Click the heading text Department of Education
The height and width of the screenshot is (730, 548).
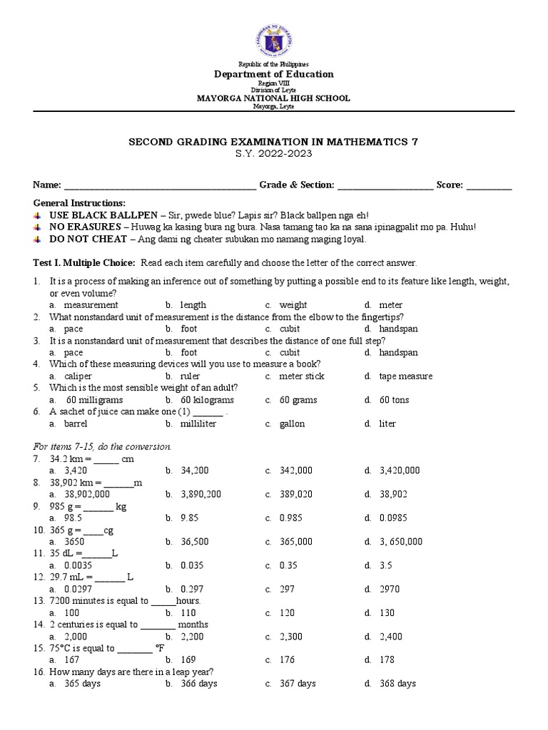coord(274,74)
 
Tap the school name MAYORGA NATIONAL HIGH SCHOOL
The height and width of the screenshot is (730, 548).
coord(274,98)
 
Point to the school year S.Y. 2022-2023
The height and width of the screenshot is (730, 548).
coord(274,153)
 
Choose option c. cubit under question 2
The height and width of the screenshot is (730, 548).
coord(289,329)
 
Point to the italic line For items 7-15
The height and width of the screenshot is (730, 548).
coord(103,446)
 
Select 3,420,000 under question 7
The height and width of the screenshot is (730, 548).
coord(400,471)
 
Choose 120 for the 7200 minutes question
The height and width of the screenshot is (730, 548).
coord(287,612)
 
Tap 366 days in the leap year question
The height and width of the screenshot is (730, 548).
coord(198,683)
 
